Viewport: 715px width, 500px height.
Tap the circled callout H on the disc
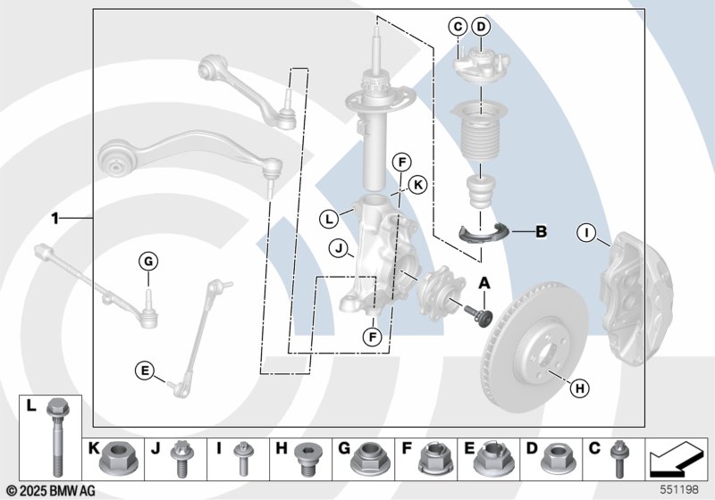(x=579, y=387)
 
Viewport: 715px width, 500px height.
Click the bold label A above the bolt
(x=485, y=283)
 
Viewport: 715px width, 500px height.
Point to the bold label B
(x=540, y=233)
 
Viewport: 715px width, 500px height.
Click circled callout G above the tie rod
(x=148, y=262)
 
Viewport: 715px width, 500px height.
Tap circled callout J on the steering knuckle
(x=337, y=247)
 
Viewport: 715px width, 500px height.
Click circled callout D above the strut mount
(x=481, y=27)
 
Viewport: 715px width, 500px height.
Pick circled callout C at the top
(x=457, y=27)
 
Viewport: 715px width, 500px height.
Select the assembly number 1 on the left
(x=55, y=218)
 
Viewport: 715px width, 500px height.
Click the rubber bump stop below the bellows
(x=478, y=191)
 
